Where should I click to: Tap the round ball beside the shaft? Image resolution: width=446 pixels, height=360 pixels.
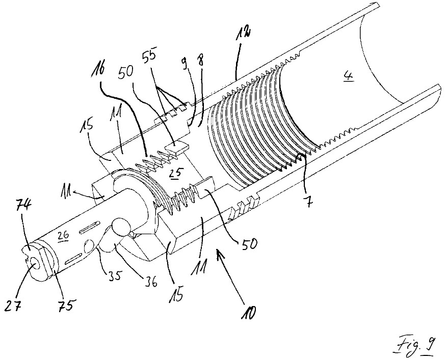coord(123,227)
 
